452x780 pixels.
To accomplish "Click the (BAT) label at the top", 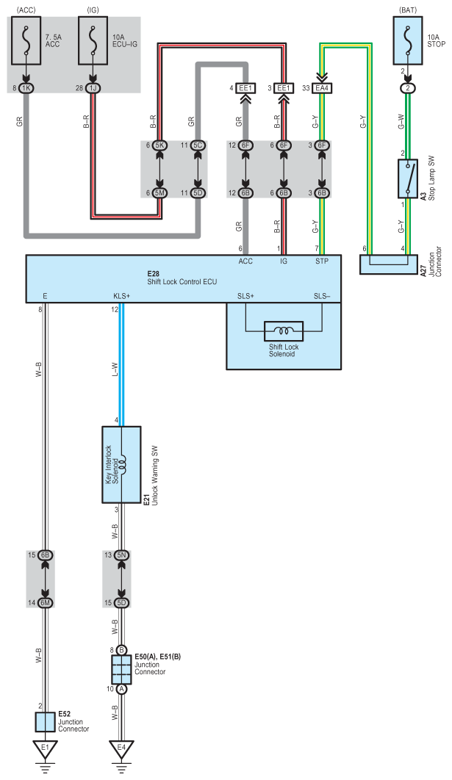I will [x=406, y=10].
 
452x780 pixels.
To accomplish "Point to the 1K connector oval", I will [x=26, y=88].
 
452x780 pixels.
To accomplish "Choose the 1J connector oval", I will [x=93, y=88].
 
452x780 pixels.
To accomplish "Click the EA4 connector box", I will [x=321, y=88].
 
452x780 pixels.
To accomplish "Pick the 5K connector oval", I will [x=159, y=145].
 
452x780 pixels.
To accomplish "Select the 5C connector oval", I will [x=198, y=145].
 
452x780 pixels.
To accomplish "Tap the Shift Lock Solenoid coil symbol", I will [x=283, y=331].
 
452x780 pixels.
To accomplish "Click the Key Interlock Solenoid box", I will [x=122, y=464].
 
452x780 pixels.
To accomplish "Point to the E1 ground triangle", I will [x=46, y=750].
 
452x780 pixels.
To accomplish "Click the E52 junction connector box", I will [x=46, y=721].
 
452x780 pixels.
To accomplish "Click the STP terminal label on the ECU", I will [x=321, y=260].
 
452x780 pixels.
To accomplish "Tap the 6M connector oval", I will [x=46, y=602].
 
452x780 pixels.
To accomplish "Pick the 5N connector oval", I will [x=122, y=556].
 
